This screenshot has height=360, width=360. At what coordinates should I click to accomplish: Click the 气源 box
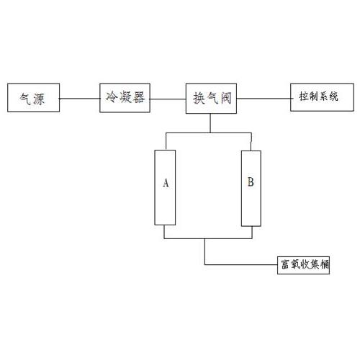click(34, 98)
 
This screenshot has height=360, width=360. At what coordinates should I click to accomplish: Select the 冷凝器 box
click(125, 98)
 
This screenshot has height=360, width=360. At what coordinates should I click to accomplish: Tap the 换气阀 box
click(211, 99)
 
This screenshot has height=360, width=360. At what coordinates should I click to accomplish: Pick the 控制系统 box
click(322, 97)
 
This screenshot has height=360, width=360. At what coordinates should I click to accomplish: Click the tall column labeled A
click(165, 188)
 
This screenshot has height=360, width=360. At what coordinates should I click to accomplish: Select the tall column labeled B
click(251, 189)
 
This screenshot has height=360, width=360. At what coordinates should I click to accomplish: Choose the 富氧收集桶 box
click(303, 265)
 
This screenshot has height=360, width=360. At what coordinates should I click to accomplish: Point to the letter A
click(166, 183)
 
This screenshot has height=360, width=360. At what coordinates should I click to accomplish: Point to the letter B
click(251, 181)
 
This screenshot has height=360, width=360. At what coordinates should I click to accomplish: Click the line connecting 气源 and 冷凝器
click(80, 99)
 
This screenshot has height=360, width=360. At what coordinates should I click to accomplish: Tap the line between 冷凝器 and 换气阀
click(168, 99)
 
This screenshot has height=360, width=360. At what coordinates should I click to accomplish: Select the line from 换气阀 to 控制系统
click(264, 99)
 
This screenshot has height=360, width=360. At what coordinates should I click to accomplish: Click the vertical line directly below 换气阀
click(210, 123)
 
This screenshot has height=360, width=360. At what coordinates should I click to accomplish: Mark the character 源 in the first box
click(39, 99)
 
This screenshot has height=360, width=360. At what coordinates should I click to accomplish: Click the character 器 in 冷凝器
click(139, 97)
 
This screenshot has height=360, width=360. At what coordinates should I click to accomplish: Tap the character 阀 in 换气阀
click(225, 99)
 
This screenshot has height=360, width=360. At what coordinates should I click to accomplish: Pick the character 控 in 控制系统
click(304, 96)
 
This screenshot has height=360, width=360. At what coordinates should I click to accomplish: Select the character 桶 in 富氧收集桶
click(324, 264)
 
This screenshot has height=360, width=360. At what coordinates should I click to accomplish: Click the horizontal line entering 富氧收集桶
click(241, 264)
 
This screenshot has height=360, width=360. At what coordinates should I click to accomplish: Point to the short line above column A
click(166, 141)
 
